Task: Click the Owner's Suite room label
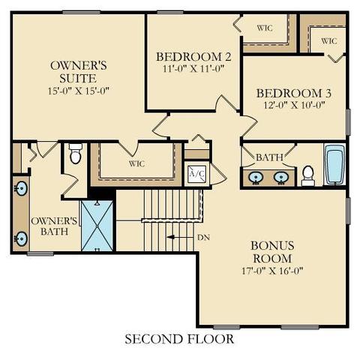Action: pyautogui.click(x=79, y=72)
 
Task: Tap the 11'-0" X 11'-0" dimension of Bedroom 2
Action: pyautogui.click(x=193, y=68)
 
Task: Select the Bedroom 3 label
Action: pyautogui.click(x=294, y=93)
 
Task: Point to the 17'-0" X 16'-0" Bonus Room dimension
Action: pyautogui.click(x=272, y=271)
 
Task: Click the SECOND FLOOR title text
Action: pyautogui.click(x=179, y=339)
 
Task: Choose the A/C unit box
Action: pyautogui.click(x=196, y=174)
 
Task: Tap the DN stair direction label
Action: pyautogui.click(x=203, y=238)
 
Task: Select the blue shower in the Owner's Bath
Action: pyautogui.click(x=97, y=226)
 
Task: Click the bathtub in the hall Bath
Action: pyautogui.click(x=335, y=164)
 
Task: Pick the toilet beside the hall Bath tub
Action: pyautogui.click(x=308, y=175)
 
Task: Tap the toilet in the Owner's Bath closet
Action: pyautogui.click(x=75, y=153)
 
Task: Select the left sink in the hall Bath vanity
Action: pyautogui.click(x=256, y=177)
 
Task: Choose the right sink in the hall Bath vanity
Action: pyautogui.click(x=281, y=177)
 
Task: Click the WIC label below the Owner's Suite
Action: pyautogui.click(x=136, y=164)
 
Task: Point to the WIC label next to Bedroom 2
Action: pyautogui.click(x=265, y=28)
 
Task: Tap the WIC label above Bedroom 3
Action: pyautogui.click(x=329, y=40)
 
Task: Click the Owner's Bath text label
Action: pyautogui.click(x=54, y=226)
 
